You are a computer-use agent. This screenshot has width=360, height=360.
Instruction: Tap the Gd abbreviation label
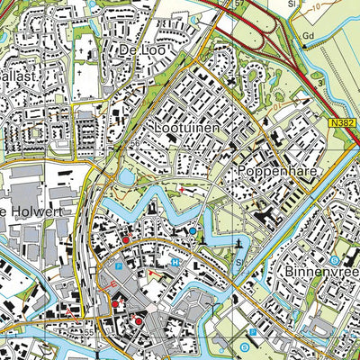pos(309,37)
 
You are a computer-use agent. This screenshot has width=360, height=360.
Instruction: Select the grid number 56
pos(134,144)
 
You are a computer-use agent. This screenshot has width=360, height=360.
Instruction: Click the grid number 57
pos(238,4)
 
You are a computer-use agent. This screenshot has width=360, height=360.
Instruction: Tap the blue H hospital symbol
pos(175,262)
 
